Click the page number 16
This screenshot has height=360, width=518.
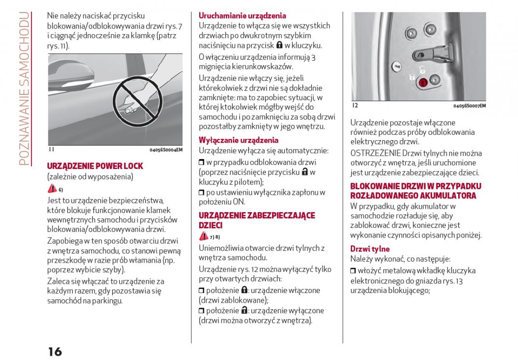pyautogui.click(x=55, y=351)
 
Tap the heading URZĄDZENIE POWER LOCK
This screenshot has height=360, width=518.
pyautogui.click(x=95, y=166)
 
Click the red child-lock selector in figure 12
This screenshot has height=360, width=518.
pyautogui.click(x=423, y=83)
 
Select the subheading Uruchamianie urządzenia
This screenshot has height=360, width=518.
pyautogui.click(x=242, y=16)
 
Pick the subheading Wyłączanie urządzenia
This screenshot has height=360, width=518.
pyautogui.click(x=238, y=140)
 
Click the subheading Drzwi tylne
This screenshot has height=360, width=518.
pyautogui.click(x=369, y=249)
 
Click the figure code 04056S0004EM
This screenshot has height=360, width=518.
pyautogui.click(x=166, y=150)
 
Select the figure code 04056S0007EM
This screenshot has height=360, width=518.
pyautogui.click(x=469, y=106)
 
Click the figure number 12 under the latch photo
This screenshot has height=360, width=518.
pyautogui.click(x=354, y=106)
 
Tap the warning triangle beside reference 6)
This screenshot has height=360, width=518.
pyautogui.click(x=52, y=189)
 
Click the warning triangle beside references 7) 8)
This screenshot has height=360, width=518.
pyautogui.click(x=204, y=237)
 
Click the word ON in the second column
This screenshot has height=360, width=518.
pyautogui.click(x=239, y=202)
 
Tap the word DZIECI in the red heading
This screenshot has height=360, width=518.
pyautogui.click(x=210, y=225)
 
